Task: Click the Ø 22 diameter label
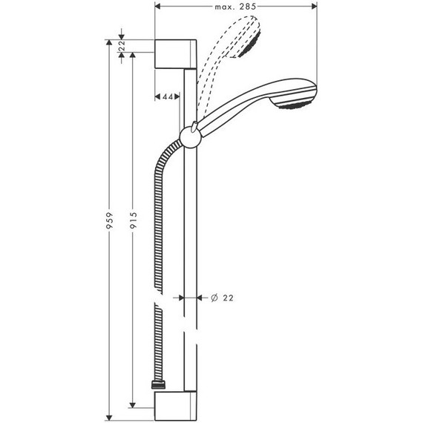(x=223, y=297)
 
